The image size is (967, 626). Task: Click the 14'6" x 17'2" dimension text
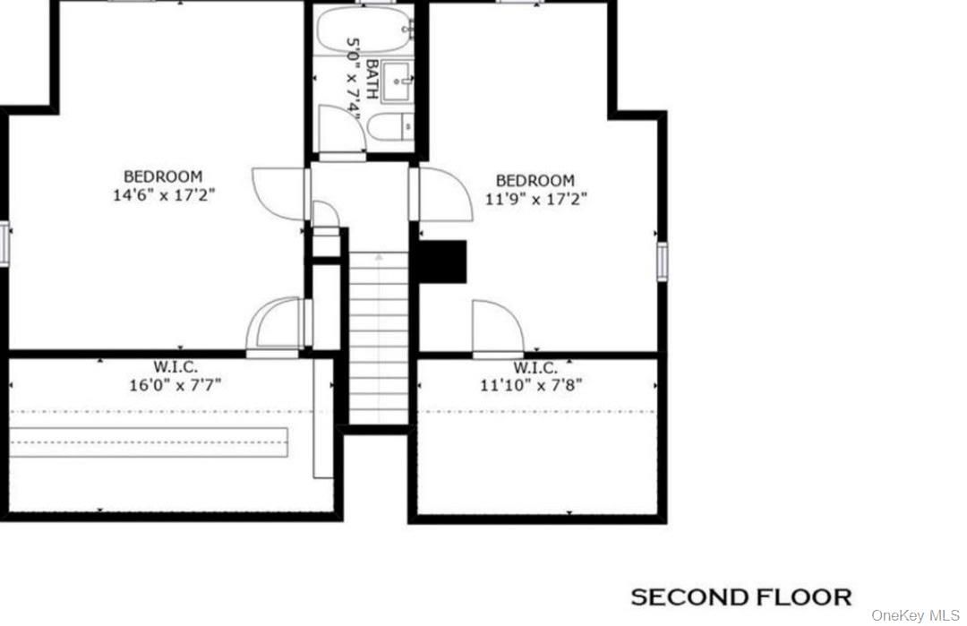(164, 194)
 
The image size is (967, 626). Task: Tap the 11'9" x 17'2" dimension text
(536, 199)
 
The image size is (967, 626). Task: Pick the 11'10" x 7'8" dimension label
(535, 386)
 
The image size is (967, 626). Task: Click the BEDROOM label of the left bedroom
(163, 176)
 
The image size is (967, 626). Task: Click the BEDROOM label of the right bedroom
(535, 181)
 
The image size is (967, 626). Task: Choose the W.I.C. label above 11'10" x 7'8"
(535, 368)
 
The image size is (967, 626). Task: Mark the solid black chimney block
(443, 262)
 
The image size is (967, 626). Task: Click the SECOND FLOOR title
(740, 596)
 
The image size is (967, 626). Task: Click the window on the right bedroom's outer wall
(663, 262)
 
